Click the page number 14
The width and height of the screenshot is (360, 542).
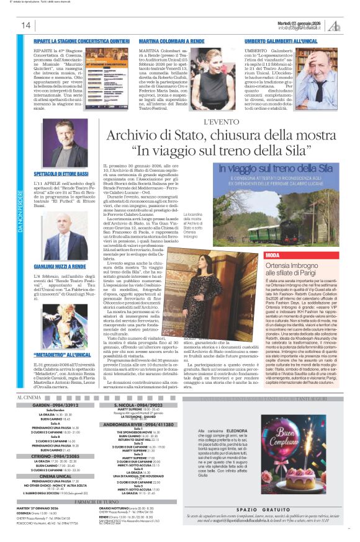[26, 25]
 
